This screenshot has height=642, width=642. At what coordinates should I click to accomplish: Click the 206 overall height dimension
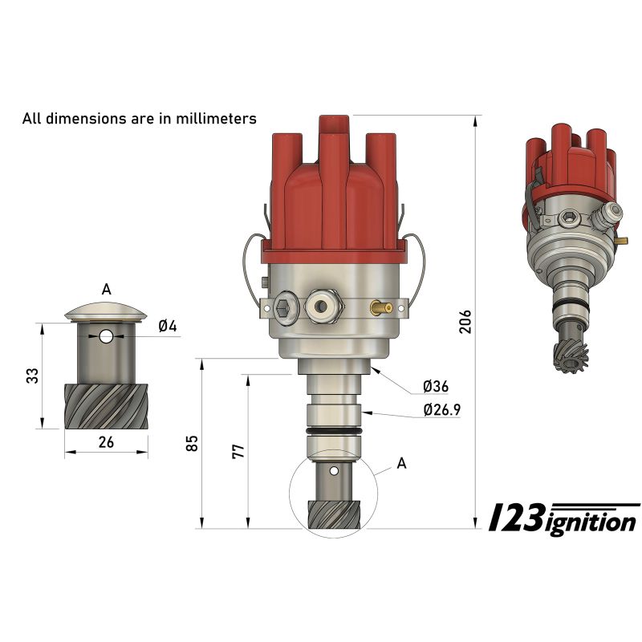(x=465, y=322)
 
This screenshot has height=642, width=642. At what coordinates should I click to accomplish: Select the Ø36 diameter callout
(x=436, y=386)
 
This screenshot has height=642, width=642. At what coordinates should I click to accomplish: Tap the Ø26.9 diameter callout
(x=442, y=409)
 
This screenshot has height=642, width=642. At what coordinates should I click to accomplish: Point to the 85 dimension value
(x=192, y=443)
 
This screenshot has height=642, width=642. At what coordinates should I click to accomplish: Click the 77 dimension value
(x=238, y=451)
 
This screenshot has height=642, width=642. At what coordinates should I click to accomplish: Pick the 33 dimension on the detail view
(x=32, y=376)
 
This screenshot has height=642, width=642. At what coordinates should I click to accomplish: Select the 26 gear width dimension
(x=106, y=442)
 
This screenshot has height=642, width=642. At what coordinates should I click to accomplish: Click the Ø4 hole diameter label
(x=168, y=327)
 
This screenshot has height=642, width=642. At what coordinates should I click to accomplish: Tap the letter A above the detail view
(x=106, y=290)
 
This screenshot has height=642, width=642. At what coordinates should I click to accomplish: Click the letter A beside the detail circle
(x=402, y=464)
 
